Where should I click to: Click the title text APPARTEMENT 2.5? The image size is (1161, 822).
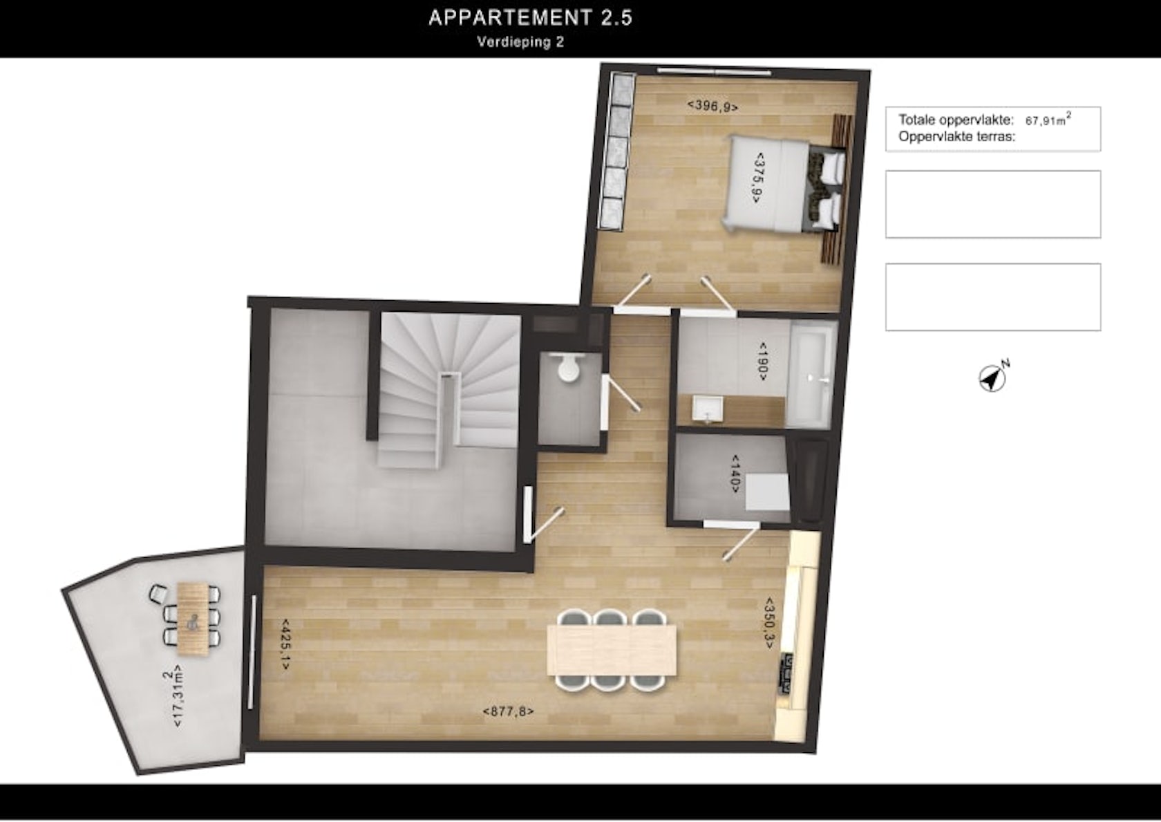tap(530, 18)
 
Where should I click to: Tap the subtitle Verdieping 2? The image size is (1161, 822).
tap(520, 42)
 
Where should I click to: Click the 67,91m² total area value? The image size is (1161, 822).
tap(1048, 120)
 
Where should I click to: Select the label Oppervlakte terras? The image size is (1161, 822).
tap(956, 137)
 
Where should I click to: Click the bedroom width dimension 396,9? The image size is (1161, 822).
tap(712, 106)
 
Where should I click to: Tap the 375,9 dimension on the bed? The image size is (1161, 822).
tap(758, 178)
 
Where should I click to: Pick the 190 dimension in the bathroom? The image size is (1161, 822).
tap(762, 362)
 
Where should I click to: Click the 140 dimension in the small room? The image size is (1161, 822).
tap(735, 474)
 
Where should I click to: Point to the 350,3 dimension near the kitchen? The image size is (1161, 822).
tap(769, 622)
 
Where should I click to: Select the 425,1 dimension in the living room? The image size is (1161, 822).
tap(285, 644)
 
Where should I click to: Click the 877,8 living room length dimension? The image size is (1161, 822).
tap(508, 711)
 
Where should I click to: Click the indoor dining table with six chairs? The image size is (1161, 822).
tap(612, 651)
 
